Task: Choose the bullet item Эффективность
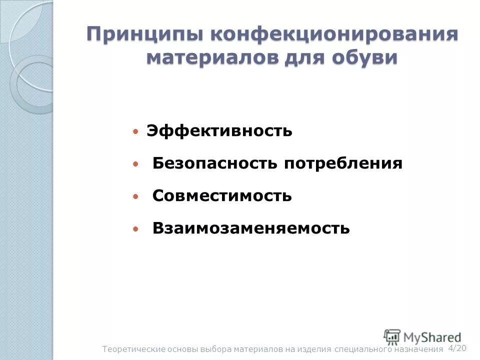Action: (x=219, y=131)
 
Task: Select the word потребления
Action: (x=343, y=163)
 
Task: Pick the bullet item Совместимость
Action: (x=222, y=196)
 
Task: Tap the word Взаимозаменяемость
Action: (x=251, y=228)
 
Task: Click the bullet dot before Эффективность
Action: (x=135, y=132)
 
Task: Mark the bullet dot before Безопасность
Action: (x=135, y=164)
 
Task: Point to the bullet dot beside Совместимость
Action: (x=135, y=196)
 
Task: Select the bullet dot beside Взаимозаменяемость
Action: (x=135, y=229)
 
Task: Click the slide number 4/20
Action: (x=457, y=348)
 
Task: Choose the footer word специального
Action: (x=360, y=349)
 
